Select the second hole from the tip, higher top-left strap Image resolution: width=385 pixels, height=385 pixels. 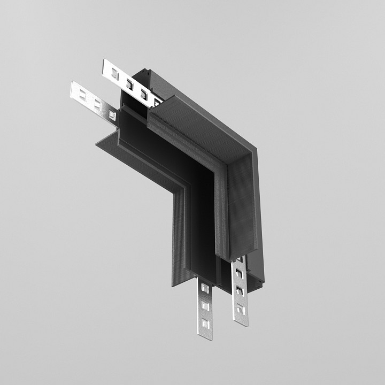click(129, 83)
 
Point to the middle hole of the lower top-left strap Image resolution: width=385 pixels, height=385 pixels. click(97, 104)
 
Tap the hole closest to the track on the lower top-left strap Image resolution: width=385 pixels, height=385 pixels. click(111, 113)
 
